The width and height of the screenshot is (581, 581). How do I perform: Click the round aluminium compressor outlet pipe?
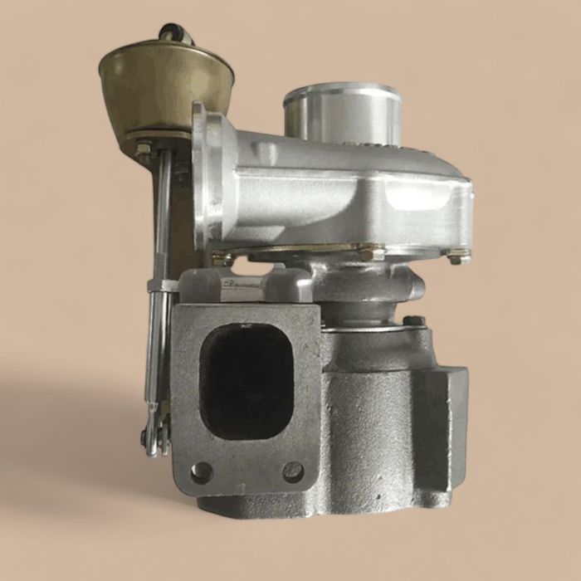[x=341, y=117]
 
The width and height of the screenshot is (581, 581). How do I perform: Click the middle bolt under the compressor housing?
[x=366, y=251]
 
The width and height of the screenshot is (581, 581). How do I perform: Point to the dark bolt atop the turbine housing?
[x=414, y=321]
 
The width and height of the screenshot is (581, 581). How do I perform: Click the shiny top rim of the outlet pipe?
[x=341, y=91]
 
